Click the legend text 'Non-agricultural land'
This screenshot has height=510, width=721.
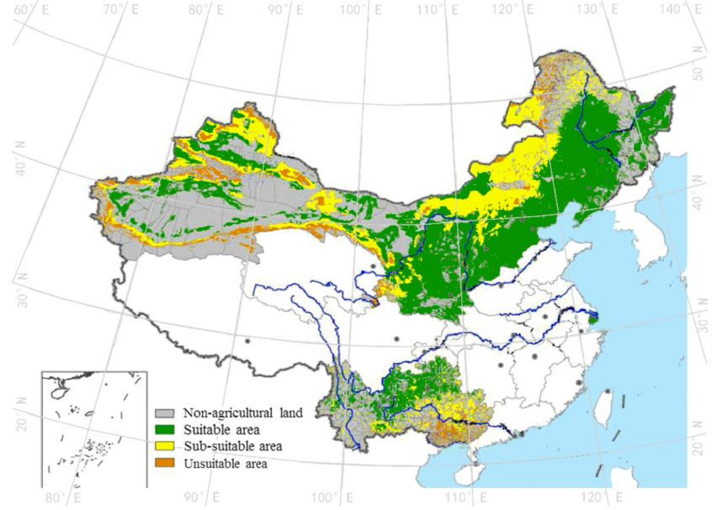coord(243,413)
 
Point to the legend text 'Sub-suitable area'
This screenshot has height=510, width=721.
coord(233,446)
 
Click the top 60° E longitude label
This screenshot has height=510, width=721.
coord(31,10)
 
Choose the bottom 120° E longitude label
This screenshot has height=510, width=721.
coord(601,497)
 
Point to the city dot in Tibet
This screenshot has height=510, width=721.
coord(247,341)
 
